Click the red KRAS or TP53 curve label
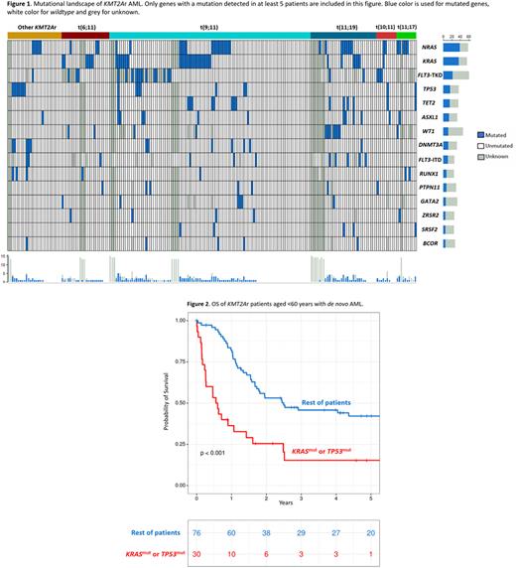[x=318, y=453]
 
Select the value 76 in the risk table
[x=196, y=533]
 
